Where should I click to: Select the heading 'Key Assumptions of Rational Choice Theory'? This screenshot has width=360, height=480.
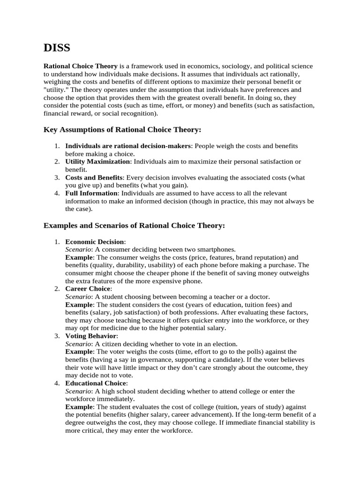pos(122,129)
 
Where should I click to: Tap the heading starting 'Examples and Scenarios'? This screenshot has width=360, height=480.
pos(134,225)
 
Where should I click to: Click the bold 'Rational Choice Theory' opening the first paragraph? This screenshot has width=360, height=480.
pos(80,66)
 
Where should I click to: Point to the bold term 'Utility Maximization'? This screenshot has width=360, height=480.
pos(97,161)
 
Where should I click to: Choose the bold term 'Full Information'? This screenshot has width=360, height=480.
pos(91,193)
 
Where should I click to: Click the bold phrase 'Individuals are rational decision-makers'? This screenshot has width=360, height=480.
pos(128,146)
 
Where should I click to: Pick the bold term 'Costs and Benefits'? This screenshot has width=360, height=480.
pos(94,177)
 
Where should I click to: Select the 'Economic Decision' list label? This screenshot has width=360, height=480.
pos(94,241)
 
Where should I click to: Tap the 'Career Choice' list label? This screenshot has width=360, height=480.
pos(88,289)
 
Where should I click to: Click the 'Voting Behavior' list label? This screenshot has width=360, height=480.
pos(91,336)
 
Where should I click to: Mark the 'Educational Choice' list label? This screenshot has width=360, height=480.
pos(96,383)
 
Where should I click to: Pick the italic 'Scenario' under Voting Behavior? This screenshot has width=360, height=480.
pos(78,344)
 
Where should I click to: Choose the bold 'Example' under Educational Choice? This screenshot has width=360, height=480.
pos(79,407)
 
